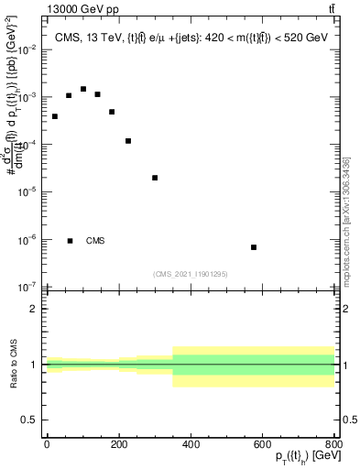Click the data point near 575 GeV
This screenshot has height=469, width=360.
tap(254, 247)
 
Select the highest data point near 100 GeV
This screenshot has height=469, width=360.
tap(83, 89)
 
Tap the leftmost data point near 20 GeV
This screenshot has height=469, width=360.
tap(55, 116)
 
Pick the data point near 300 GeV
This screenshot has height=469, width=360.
tap(155, 178)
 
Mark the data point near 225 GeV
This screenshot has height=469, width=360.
tap(128, 140)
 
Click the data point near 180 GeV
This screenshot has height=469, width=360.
tap(112, 112)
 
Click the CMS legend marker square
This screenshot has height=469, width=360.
tap(71, 241)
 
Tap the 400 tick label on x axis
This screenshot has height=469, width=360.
tap(191, 444)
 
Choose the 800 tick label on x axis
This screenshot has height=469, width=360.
tap(333, 444)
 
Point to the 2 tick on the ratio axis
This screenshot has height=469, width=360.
tap(34, 309)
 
